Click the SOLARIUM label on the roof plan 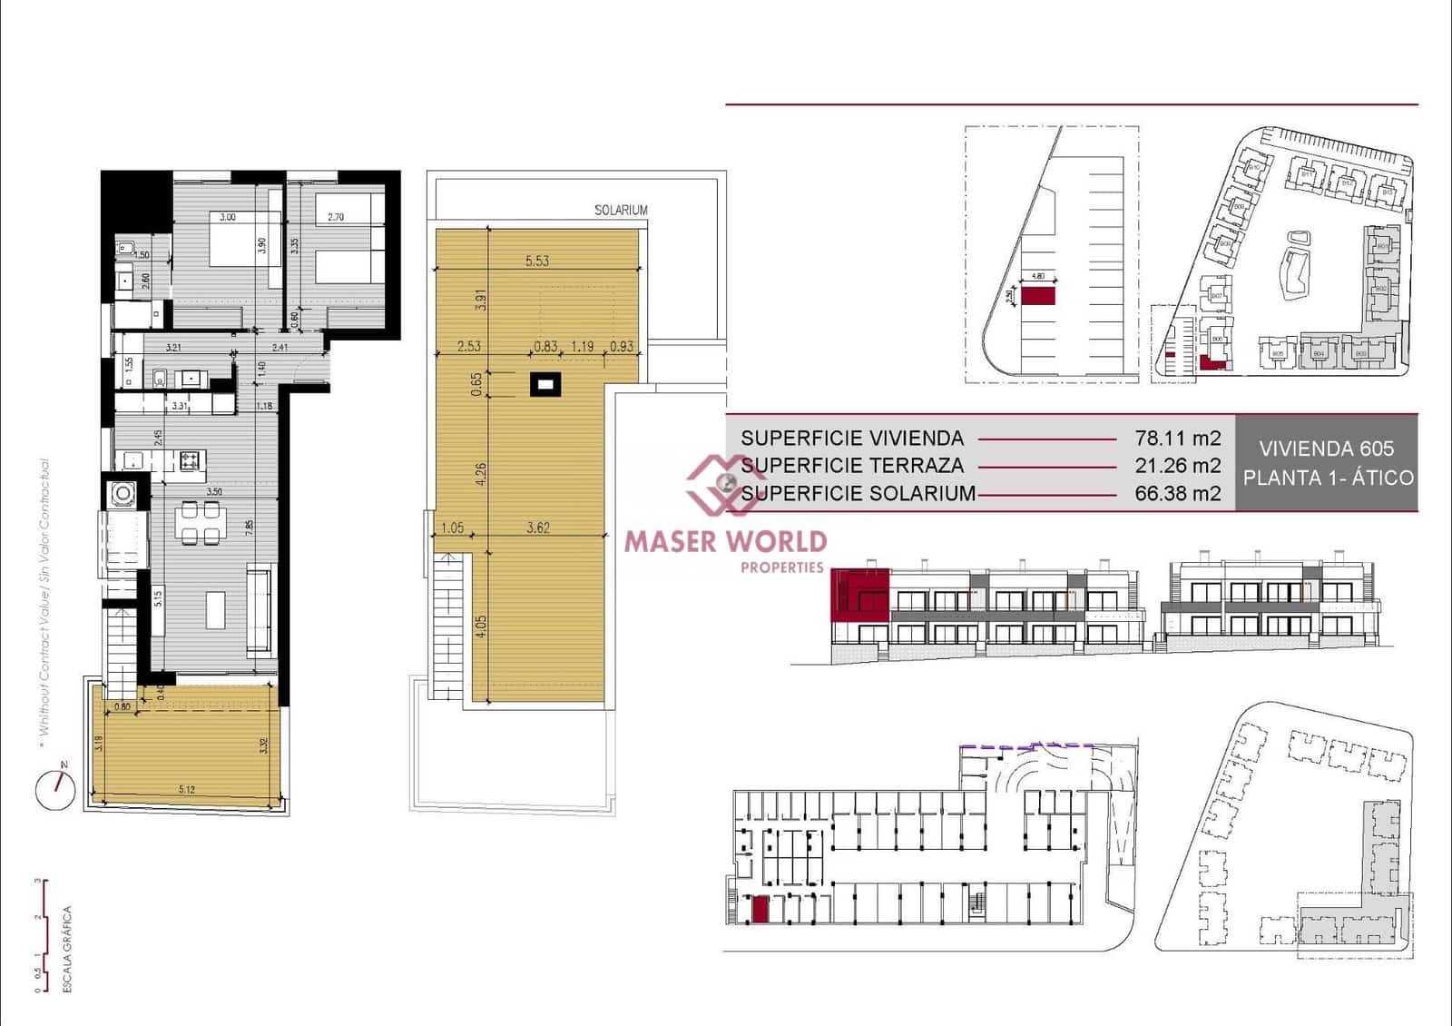pos(621,210)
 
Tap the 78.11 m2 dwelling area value pos(1177,438)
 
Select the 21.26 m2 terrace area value pos(1177,466)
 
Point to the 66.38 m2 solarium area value pos(1177,494)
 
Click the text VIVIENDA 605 pos(1326,449)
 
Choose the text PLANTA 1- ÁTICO pos(1328,478)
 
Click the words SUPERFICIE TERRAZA pos(852,466)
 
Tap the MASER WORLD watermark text pos(725,542)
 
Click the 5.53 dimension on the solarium pos(537,261)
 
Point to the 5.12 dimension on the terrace pos(187,789)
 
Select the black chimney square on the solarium pos(544,385)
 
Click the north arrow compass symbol pos(55,788)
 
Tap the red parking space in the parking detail pos(1038,296)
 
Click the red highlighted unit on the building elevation pos(860,597)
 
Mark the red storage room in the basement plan pos(760,909)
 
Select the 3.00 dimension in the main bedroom pos(227,217)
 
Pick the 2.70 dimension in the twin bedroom pos(336,217)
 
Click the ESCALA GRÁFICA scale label pos(67,949)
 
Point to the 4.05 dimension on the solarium pos(482,626)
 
